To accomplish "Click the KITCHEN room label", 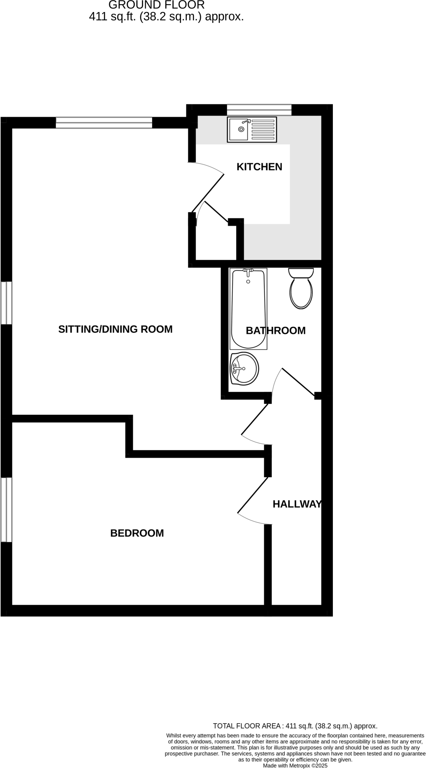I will click(259, 167).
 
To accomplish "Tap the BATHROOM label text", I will click(275, 330).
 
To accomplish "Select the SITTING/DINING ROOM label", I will click(115, 329).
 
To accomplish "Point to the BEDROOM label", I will click(137, 533).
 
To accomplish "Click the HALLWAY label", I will click(297, 504).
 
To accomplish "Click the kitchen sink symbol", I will click(252, 130).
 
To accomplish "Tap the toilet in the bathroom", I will click(301, 288).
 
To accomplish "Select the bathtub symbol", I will click(248, 309).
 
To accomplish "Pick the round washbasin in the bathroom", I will click(244, 369).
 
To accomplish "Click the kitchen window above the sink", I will click(259, 110).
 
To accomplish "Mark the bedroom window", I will click(6, 510).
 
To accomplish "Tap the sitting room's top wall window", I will click(104, 123).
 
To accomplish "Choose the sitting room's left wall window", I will click(6, 303).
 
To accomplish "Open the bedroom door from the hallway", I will click(252, 495).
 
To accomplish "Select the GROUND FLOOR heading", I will click(156, 5).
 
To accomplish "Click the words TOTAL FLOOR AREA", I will click(248, 726).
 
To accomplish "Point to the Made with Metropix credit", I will click(295, 765).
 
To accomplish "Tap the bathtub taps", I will click(248, 270).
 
